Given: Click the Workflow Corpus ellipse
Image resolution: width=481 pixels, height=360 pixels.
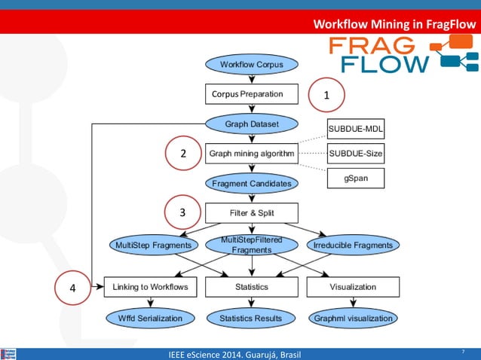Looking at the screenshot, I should (x=252, y=65).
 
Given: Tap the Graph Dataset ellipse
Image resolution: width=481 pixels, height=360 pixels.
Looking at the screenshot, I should (x=252, y=124).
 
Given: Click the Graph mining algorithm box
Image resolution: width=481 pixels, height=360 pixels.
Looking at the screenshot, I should (x=252, y=153).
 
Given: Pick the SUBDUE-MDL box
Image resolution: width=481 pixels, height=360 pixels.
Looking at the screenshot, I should (x=356, y=129).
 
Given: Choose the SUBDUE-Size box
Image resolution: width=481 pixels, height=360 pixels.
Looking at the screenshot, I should (x=356, y=153).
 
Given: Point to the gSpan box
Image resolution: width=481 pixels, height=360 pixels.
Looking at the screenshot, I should (x=356, y=178).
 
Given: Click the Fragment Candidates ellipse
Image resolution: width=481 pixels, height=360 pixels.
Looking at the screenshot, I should (x=252, y=183).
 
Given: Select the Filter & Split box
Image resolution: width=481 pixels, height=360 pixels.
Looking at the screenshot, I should (x=252, y=212).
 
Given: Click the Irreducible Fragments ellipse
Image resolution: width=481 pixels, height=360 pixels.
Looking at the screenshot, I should (x=353, y=245).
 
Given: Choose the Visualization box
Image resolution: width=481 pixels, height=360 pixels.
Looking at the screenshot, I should (x=353, y=287).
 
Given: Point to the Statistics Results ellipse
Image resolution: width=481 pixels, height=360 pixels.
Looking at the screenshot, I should (x=251, y=319).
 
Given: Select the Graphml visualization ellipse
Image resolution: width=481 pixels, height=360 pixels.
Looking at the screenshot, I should (x=353, y=319).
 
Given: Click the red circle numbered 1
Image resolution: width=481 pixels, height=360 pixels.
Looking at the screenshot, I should (x=326, y=95).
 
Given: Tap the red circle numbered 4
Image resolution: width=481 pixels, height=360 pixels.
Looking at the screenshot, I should (x=73, y=288).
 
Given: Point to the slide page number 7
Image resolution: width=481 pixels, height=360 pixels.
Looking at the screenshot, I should (x=463, y=351).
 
